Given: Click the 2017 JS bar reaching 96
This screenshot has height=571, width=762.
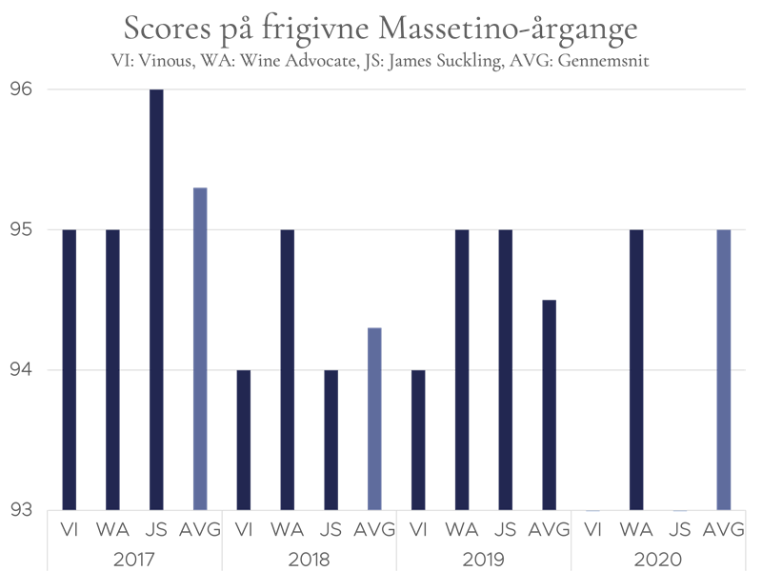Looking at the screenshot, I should (x=156, y=300).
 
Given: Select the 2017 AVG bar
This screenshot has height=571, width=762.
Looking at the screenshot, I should (x=200, y=348).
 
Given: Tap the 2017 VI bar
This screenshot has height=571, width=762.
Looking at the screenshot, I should (x=70, y=369).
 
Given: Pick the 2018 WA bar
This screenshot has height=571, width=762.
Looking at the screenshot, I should (x=287, y=369).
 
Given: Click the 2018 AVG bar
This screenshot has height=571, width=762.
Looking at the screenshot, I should (x=374, y=419).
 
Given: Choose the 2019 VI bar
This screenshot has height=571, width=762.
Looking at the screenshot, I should (x=417, y=440).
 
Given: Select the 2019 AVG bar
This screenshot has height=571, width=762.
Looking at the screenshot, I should (x=549, y=404).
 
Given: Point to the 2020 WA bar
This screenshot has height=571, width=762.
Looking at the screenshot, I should (x=635, y=369).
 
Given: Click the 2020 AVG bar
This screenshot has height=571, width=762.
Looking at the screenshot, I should (x=723, y=369).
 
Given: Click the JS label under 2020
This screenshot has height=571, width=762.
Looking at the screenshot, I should (x=679, y=528).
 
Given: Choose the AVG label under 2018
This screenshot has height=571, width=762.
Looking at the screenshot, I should (x=374, y=528).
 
